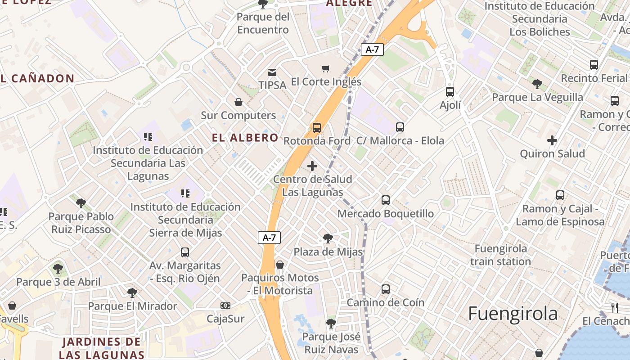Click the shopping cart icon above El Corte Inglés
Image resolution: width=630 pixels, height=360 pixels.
(x=326, y=69)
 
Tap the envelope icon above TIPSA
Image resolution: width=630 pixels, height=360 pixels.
(x=272, y=72)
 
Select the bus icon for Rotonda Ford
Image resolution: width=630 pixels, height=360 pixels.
(x=317, y=128)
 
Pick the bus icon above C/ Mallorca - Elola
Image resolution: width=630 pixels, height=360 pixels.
(x=400, y=127)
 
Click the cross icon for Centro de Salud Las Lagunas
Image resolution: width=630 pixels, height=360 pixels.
(x=312, y=166)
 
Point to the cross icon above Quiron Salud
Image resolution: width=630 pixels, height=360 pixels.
(x=552, y=140)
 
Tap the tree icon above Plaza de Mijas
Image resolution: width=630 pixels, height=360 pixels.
(x=328, y=238)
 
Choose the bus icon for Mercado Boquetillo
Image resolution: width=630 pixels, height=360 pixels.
(x=386, y=200)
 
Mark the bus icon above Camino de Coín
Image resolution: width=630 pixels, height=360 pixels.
(x=386, y=289)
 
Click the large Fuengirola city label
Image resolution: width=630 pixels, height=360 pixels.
(x=513, y=313)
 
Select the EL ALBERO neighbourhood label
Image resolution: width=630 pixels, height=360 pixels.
(x=245, y=138)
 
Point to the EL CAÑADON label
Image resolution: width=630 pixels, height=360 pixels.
(x=37, y=79)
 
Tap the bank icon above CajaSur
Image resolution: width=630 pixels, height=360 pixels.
(x=225, y=306)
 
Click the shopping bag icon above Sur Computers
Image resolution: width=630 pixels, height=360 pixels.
(x=238, y=102)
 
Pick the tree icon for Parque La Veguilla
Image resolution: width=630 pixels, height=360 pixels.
(x=537, y=84)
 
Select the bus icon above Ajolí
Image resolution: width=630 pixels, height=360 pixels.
(x=450, y=92)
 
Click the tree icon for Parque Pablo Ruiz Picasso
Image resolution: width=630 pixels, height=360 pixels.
(x=81, y=203)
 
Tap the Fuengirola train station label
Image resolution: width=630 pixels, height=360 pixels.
(x=501, y=255)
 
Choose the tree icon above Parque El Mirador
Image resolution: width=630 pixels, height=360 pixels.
(x=132, y=293)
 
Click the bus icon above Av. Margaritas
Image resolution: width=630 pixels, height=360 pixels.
(x=185, y=252)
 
